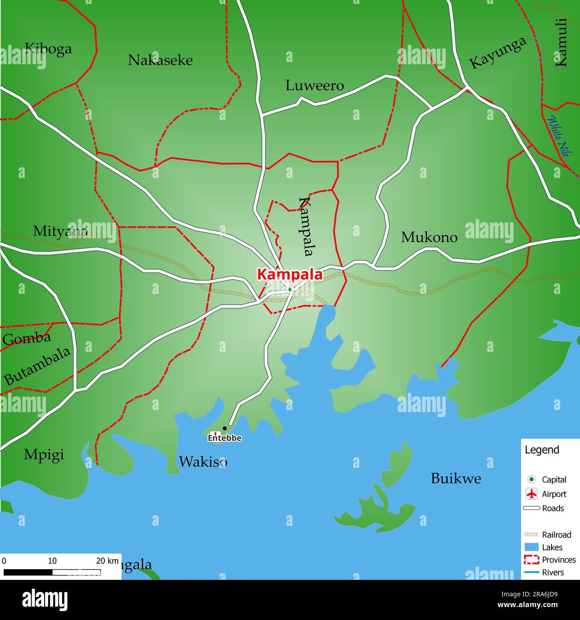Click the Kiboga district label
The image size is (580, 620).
coord(48,48)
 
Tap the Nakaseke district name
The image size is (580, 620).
coord(160,60)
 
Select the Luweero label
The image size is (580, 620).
coord(315,86)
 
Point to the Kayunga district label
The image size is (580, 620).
coord(497,53)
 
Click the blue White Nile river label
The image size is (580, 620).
coord(558,136)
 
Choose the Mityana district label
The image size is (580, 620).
coord(60,231)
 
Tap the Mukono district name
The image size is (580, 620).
coord(429,237)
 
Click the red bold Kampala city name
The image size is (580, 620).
coord(290,274)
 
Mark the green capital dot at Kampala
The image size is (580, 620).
coord(290,289)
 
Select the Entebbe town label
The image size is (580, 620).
coord(225,438)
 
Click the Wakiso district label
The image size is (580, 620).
coord(203,462)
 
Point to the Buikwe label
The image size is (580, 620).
coord(456,479)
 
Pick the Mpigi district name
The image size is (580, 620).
coord(44,455)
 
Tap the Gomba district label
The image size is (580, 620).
coord(27,339)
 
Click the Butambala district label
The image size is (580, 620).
coord(37,366)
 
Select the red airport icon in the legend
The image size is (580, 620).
coord(531,494)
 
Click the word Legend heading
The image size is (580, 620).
coord(542,450)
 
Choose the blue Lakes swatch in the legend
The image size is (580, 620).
coord(531,547)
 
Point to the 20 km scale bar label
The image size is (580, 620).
coord(107,561)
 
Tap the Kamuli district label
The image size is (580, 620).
coord(561,42)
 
